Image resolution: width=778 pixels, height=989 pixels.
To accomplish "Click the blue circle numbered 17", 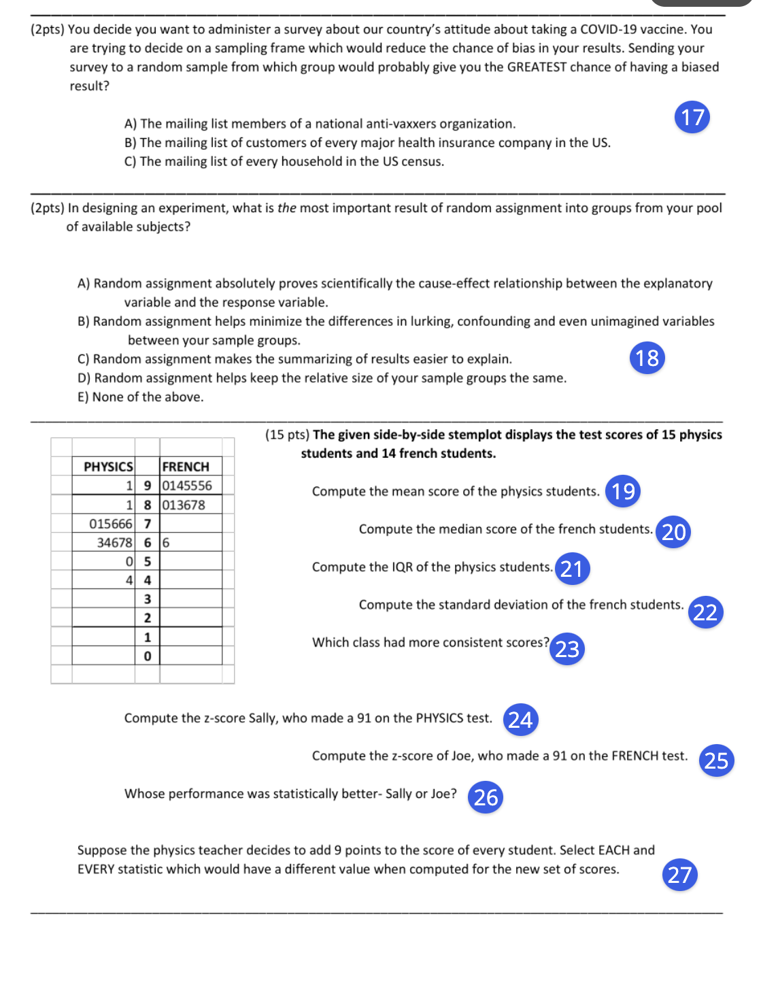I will pyautogui.click(x=692, y=117).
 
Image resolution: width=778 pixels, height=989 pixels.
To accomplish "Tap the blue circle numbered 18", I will pyautogui.click(x=647, y=358).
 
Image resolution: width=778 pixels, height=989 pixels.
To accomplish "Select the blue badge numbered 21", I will pyautogui.click(x=572, y=569).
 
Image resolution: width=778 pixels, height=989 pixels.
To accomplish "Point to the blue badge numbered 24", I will pyautogui.click(x=520, y=720).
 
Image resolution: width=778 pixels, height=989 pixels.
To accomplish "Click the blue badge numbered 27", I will pyautogui.click(x=679, y=875).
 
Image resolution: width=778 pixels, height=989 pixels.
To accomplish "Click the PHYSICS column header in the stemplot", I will pyautogui.click(x=108, y=467).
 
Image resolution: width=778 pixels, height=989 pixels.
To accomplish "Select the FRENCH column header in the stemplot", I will pyautogui.click(x=186, y=467).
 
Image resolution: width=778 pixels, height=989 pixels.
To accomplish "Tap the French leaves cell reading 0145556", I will pyautogui.click(x=187, y=486).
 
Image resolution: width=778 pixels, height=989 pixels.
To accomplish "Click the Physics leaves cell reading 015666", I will pyautogui.click(x=111, y=524).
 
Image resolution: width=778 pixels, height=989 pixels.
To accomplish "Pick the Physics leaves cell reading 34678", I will pyautogui.click(x=114, y=543).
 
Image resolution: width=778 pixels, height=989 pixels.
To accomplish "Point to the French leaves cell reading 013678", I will pyautogui.click(x=183, y=505).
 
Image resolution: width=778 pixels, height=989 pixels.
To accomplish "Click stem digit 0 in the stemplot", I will pyautogui.click(x=148, y=656).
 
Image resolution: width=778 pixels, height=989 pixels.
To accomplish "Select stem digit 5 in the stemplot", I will pyautogui.click(x=148, y=562).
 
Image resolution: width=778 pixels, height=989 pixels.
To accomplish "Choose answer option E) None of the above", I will pyautogui.click(x=141, y=397).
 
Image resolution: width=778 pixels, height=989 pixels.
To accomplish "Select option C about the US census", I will pyautogui.click(x=284, y=162).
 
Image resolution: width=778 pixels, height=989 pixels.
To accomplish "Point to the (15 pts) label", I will pyautogui.click(x=287, y=435).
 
